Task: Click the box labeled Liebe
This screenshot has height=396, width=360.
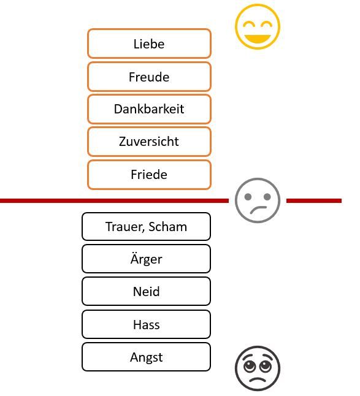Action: pos(149,44)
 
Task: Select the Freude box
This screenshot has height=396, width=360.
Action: pos(149,77)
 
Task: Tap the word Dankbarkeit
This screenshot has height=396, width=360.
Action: pos(149,109)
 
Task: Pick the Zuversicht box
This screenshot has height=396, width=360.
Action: pos(149,142)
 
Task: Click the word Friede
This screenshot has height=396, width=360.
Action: pos(149,175)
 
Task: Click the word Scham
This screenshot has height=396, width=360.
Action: pos(168,227)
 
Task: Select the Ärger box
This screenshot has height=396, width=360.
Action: pos(147,259)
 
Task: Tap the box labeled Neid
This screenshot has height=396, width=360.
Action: pos(147,291)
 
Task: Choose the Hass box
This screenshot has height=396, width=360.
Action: pos(147,324)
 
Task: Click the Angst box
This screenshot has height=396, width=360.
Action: pos(147,357)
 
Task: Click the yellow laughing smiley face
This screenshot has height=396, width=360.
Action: pos(258,26)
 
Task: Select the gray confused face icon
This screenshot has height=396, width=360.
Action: pos(258,200)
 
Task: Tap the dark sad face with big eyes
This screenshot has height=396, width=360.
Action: pos(258,368)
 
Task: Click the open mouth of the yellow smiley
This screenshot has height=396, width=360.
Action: pos(258,39)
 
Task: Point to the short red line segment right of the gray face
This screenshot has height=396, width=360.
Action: pos(314,201)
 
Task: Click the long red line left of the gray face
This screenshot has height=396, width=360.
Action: pos(114,201)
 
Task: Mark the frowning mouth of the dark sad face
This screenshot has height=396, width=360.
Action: pos(258,379)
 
